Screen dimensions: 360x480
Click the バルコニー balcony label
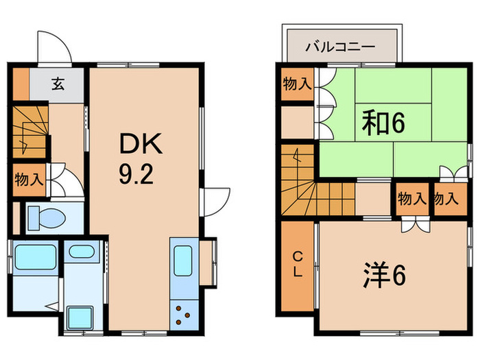[x=340, y=48]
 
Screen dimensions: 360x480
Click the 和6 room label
[x=384, y=124]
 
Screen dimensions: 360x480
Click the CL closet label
[x=298, y=264]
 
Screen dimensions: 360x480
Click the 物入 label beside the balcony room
[x=297, y=84]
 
